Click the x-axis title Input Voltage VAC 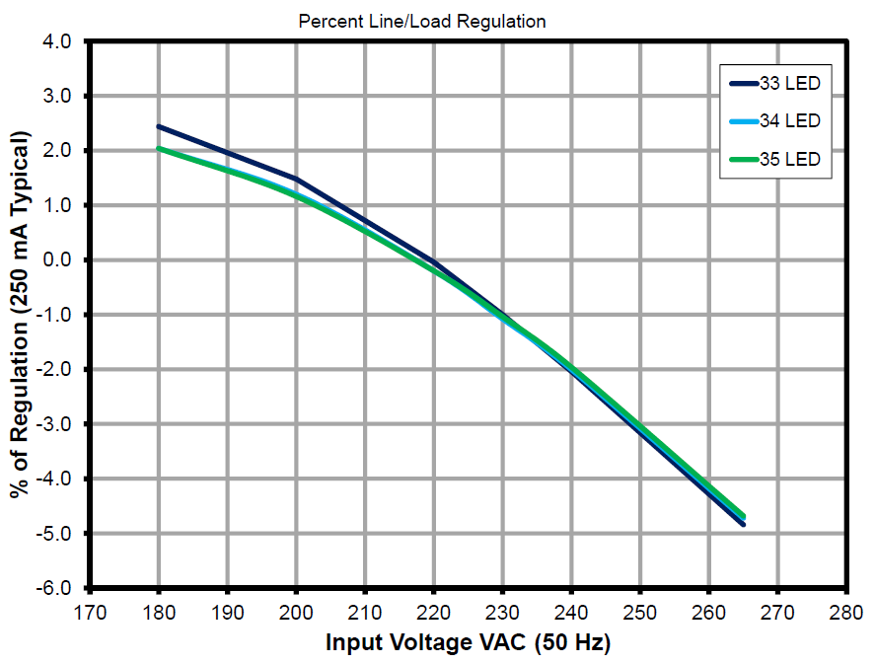(x=469, y=643)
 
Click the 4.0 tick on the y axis (x=57, y=42)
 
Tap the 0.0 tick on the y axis (x=57, y=260)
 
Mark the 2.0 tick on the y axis (x=57, y=151)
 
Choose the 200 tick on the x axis (x=296, y=611)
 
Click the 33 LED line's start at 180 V (x=159, y=126)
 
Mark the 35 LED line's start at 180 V (x=159, y=149)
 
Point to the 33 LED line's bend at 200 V (x=296, y=179)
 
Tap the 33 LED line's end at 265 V (x=743, y=524)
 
